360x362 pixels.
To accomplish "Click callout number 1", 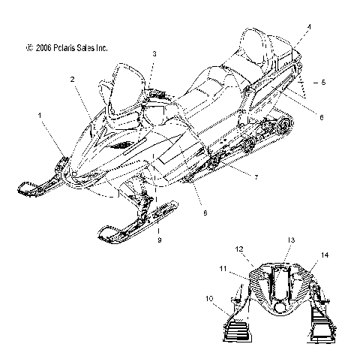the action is (40, 116).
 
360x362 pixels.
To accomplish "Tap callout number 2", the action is (73, 80).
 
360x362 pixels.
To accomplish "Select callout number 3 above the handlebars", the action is (154, 53).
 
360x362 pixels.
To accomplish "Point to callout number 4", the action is (309, 27).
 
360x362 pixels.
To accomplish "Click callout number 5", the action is (323, 82).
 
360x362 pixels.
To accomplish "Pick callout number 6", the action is (322, 117).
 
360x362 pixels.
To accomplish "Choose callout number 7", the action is (256, 177).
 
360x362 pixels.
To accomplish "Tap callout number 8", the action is (205, 213).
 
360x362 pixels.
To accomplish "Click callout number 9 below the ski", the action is (160, 240).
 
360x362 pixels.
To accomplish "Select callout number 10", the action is (209, 298).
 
